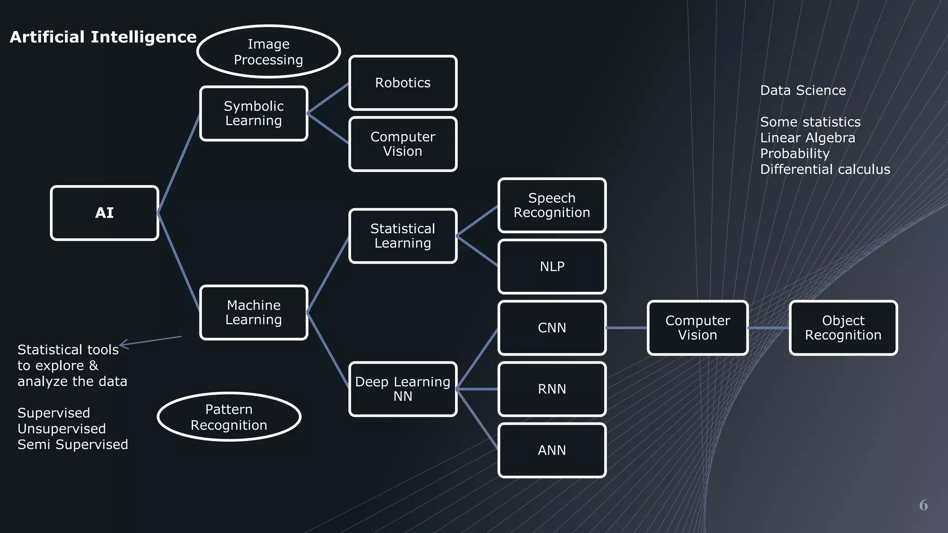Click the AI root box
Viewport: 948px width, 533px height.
pyautogui.click(x=105, y=213)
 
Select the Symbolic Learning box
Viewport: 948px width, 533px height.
pyautogui.click(x=254, y=113)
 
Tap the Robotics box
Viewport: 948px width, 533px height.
pyautogui.click(x=403, y=83)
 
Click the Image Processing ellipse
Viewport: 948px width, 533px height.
pyautogui.click(x=268, y=52)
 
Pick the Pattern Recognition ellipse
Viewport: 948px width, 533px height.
pyautogui.click(x=229, y=417)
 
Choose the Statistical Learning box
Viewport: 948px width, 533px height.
pyautogui.click(x=403, y=236)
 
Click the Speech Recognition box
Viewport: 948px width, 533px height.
pyautogui.click(x=552, y=205)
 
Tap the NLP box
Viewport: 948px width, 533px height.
pyautogui.click(x=552, y=266)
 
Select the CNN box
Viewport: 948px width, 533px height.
pyautogui.click(x=552, y=328)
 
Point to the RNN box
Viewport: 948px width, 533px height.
pyautogui.click(x=552, y=389)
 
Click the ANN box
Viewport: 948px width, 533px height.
pyautogui.click(x=552, y=450)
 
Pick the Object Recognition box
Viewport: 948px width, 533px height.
pyautogui.click(x=843, y=328)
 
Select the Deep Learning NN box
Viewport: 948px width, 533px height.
pyautogui.click(x=403, y=389)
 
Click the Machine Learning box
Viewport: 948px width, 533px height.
pyautogui.click(x=254, y=312)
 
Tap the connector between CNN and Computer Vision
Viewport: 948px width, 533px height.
pyautogui.click(x=626, y=328)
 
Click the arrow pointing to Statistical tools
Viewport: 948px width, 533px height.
pyautogui.click(x=150, y=341)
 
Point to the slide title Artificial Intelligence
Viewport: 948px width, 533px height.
pyautogui.click(x=103, y=37)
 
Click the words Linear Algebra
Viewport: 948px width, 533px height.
pyautogui.click(x=807, y=138)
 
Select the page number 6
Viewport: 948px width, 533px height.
pyautogui.click(x=923, y=505)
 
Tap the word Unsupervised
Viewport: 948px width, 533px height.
pyautogui.click(x=62, y=429)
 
